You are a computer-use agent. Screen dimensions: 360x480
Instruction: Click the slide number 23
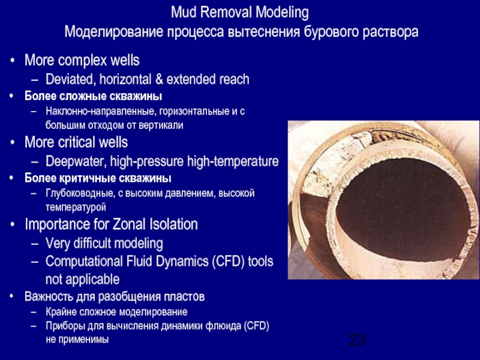[357, 341]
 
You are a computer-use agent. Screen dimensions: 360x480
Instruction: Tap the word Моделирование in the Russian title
[111, 31]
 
